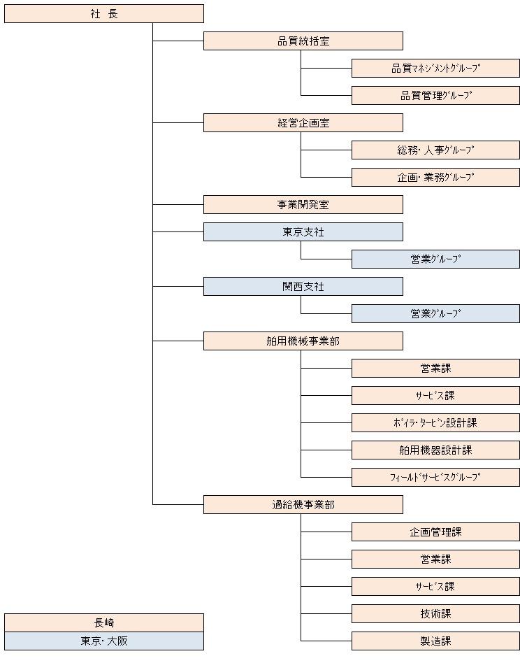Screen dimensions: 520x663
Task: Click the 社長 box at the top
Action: [104, 13]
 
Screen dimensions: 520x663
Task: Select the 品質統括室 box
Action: [303, 41]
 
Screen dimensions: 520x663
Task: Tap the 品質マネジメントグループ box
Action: [435, 68]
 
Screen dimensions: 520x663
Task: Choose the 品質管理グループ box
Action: [435, 96]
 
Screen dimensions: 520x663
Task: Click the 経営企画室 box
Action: [303, 122]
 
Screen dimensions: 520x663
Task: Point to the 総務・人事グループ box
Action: [435, 150]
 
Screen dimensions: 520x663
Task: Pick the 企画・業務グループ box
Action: [435, 177]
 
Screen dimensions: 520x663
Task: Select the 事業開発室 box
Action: [303, 205]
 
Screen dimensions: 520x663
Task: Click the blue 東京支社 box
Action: [303, 231]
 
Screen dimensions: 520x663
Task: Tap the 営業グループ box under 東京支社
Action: [435, 259]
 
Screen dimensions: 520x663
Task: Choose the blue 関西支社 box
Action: [303, 286]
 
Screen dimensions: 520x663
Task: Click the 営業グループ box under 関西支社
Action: [435, 314]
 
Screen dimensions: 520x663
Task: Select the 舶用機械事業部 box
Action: [303, 341]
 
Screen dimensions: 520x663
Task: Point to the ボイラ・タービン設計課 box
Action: [435, 423]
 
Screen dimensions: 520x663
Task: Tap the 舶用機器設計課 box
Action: [435, 450]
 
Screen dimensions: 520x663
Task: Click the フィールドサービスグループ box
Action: [435, 478]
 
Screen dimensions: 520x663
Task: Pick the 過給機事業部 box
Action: [303, 504]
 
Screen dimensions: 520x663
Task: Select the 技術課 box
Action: [435, 613]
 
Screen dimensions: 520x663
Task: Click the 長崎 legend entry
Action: [104, 623]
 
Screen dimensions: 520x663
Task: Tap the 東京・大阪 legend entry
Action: [104, 641]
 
